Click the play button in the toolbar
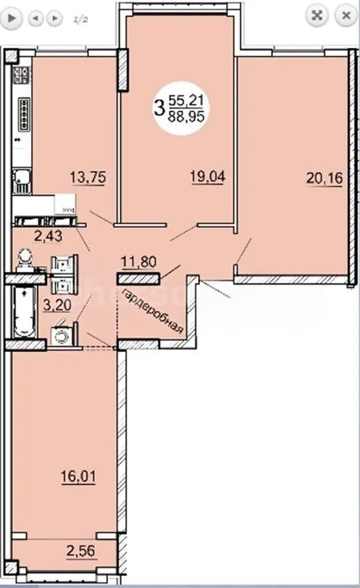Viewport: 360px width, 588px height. pyautogui.click(x=12, y=17)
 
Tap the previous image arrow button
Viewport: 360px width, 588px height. pyautogui.click(x=36, y=18)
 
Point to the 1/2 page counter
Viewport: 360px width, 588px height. pyautogui.click(x=80, y=20)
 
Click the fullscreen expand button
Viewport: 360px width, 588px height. pyautogui.click(x=317, y=15)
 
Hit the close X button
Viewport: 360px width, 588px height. pyautogui.click(x=345, y=15)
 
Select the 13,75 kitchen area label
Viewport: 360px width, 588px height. pyautogui.click(x=88, y=177)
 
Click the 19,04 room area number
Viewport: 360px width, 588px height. pyautogui.click(x=208, y=176)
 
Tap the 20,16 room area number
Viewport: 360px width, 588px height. pyautogui.click(x=324, y=178)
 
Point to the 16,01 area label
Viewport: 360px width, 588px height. pyautogui.click(x=78, y=477)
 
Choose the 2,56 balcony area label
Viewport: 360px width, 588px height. pyautogui.click(x=81, y=551)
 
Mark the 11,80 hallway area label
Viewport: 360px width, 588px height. pyautogui.click(x=139, y=261)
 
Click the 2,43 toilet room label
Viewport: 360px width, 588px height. pyautogui.click(x=48, y=237)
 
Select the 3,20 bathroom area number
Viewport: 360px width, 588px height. pyautogui.click(x=57, y=305)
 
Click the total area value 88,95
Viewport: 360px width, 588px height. pyautogui.click(x=186, y=117)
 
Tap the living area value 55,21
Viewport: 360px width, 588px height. pyautogui.click(x=186, y=100)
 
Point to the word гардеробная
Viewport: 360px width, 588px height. pyautogui.click(x=153, y=311)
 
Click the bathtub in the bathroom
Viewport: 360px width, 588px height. pyautogui.click(x=25, y=312)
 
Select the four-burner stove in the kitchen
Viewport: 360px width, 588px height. pyautogui.click(x=21, y=75)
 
